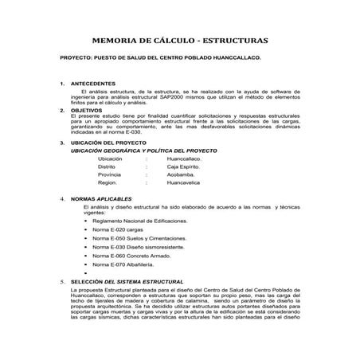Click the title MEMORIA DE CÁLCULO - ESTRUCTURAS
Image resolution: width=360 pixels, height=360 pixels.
(x=180, y=38)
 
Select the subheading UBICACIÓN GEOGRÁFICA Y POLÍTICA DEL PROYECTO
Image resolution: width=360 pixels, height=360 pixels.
(x=144, y=151)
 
